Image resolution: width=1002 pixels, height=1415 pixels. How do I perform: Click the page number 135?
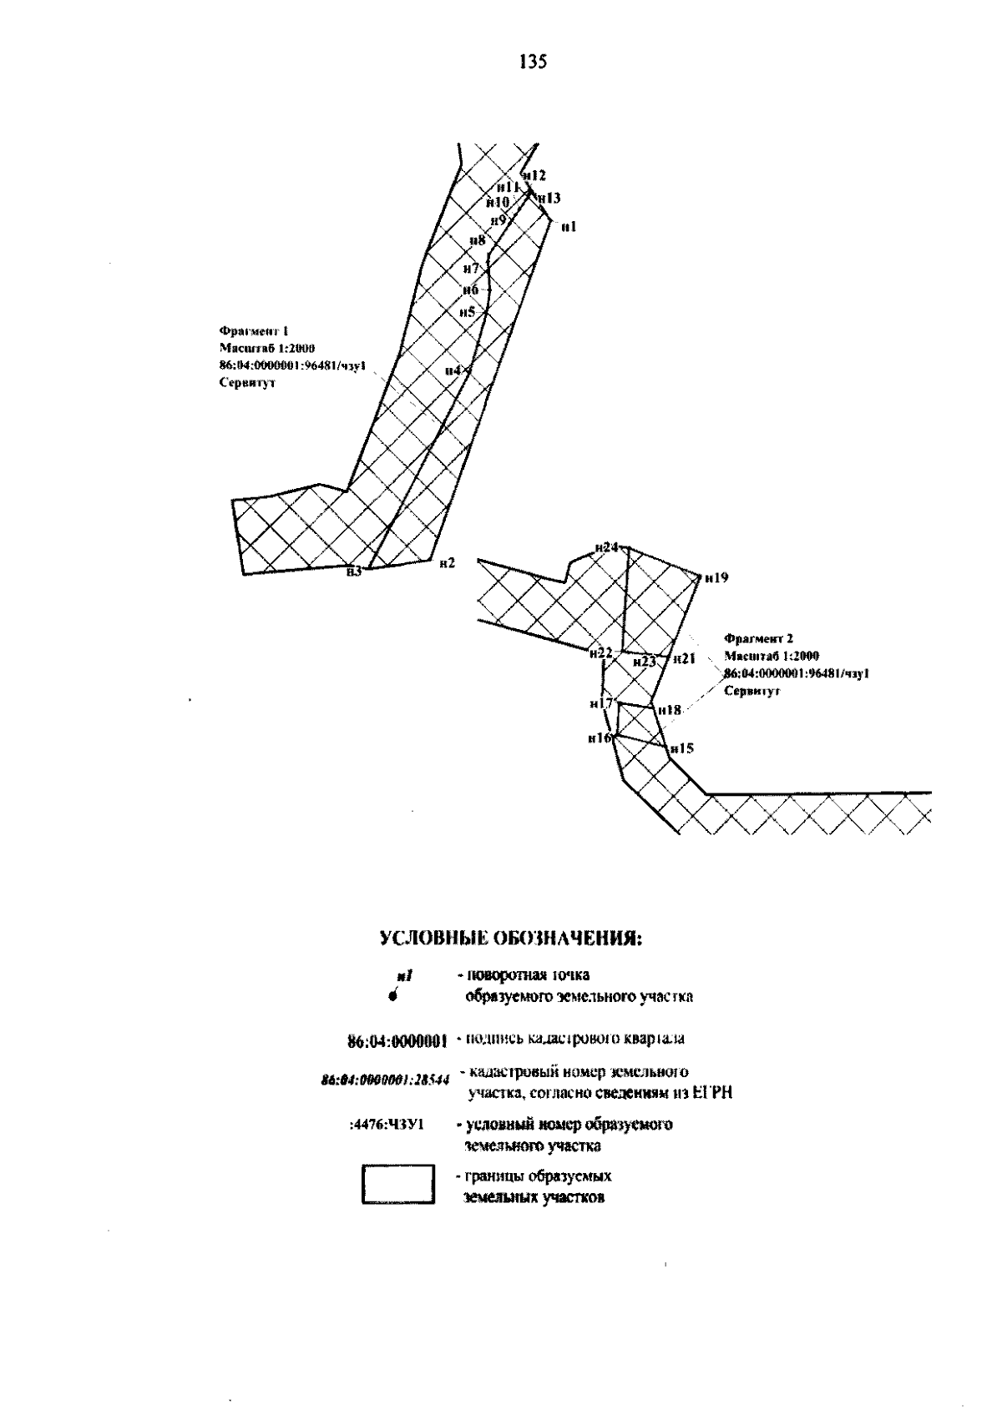tap(532, 62)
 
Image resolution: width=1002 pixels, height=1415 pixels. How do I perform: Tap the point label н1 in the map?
tap(569, 226)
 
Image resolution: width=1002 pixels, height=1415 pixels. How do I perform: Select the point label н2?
tap(447, 563)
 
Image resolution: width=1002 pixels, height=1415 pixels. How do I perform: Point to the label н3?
tap(354, 572)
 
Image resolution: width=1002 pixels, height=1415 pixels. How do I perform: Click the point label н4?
tap(453, 370)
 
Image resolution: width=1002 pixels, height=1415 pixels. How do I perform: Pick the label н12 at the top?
tap(534, 175)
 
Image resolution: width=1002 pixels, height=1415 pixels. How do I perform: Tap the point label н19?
tap(716, 577)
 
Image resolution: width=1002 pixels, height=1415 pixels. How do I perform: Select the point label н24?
tap(606, 547)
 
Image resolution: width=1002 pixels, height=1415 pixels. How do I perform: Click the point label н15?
tap(681, 748)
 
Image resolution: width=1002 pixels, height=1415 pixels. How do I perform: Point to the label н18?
tap(670, 710)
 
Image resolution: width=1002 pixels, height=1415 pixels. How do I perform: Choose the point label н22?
tap(600, 652)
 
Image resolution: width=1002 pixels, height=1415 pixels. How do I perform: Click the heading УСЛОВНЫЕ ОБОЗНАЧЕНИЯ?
tap(511, 939)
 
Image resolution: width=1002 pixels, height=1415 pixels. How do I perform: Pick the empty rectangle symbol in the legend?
tap(398, 1185)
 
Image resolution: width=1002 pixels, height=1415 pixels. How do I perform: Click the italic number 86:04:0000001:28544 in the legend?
tap(385, 1079)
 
